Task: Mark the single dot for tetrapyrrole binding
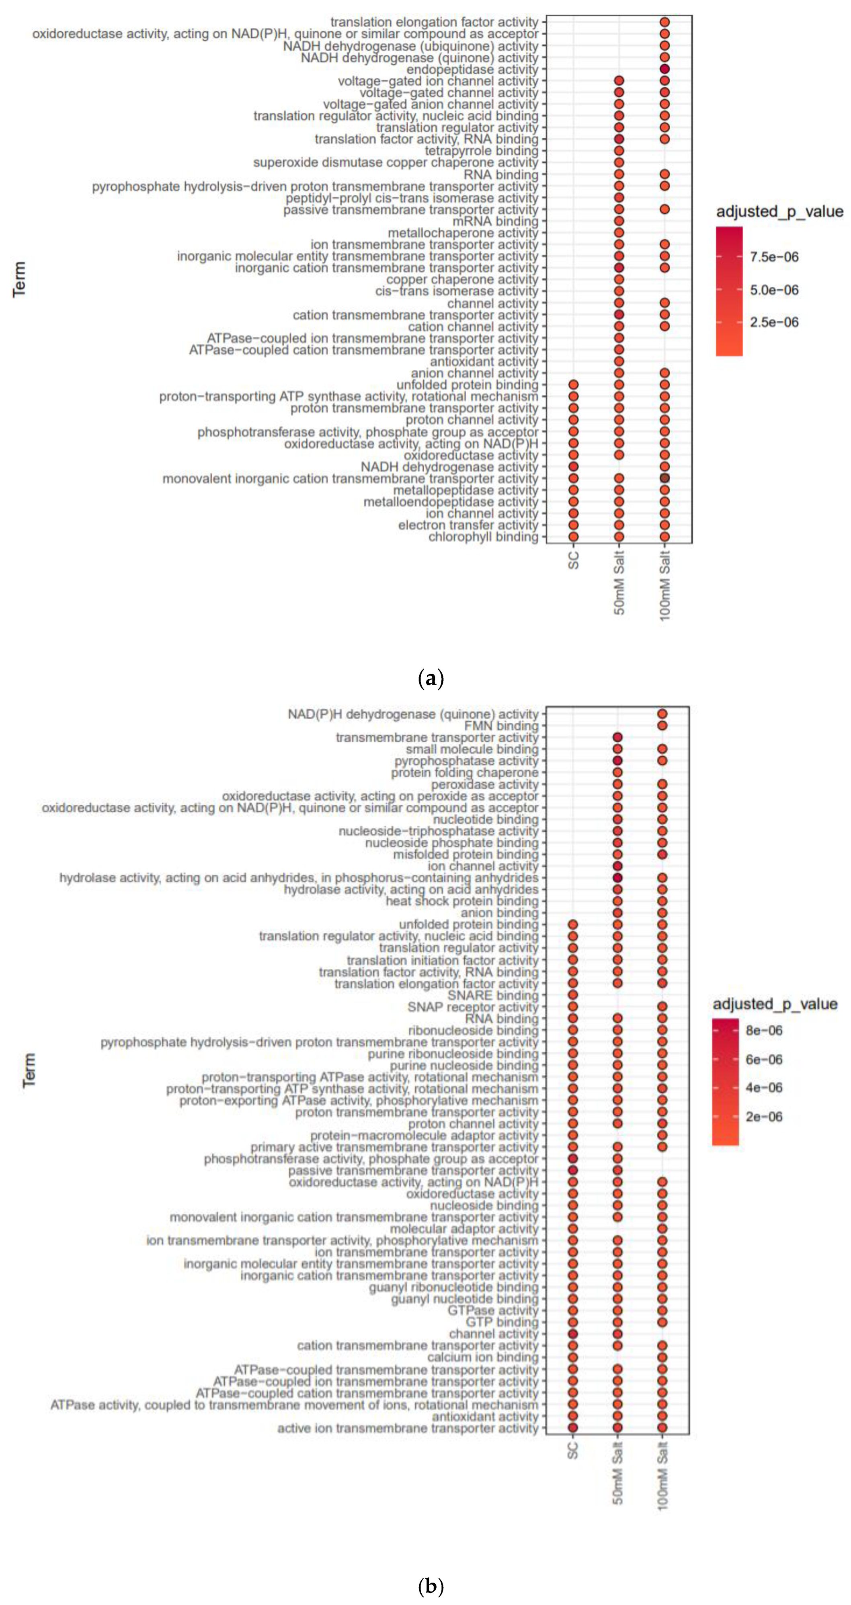click(619, 151)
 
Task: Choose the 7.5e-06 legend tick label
click(774, 257)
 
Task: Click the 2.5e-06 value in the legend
click(774, 322)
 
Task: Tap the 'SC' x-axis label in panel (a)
click(574, 560)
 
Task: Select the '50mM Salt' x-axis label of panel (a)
click(619, 582)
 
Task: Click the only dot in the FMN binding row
click(662, 726)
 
